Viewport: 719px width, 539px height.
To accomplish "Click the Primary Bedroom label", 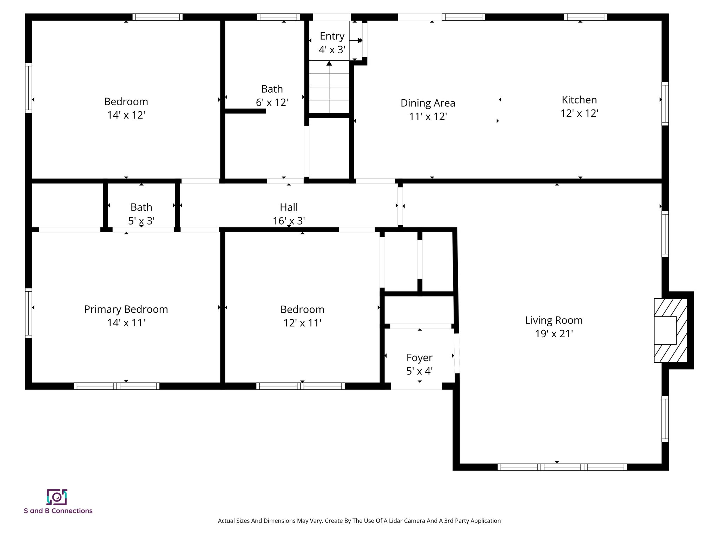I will (126, 309).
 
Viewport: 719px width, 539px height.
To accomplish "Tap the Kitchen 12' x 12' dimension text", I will (579, 113).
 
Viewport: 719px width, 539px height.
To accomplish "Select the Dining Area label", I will (428, 103).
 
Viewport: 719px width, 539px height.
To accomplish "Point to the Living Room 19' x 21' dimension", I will (554, 334).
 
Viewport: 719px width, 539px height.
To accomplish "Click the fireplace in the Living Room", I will (670, 330).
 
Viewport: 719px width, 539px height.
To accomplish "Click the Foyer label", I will (419, 358).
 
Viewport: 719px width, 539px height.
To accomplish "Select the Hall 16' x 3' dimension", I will (289, 221).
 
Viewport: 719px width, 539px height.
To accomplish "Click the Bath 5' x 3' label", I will (141, 207).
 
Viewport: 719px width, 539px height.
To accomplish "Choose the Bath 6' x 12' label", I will (272, 89).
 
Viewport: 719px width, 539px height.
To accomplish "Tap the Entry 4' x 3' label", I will (332, 36).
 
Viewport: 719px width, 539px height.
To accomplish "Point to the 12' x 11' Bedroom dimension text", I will (302, 323).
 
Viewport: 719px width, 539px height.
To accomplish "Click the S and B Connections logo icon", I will (57, 497).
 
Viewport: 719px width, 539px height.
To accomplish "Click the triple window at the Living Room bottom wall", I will (562, 467).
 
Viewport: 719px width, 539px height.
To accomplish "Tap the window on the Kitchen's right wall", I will (665, 104).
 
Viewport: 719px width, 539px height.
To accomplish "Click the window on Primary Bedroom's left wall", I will (29, 313).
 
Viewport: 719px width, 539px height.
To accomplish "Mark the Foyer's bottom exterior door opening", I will (416, 386).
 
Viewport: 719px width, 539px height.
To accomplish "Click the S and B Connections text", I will (58, 511).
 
